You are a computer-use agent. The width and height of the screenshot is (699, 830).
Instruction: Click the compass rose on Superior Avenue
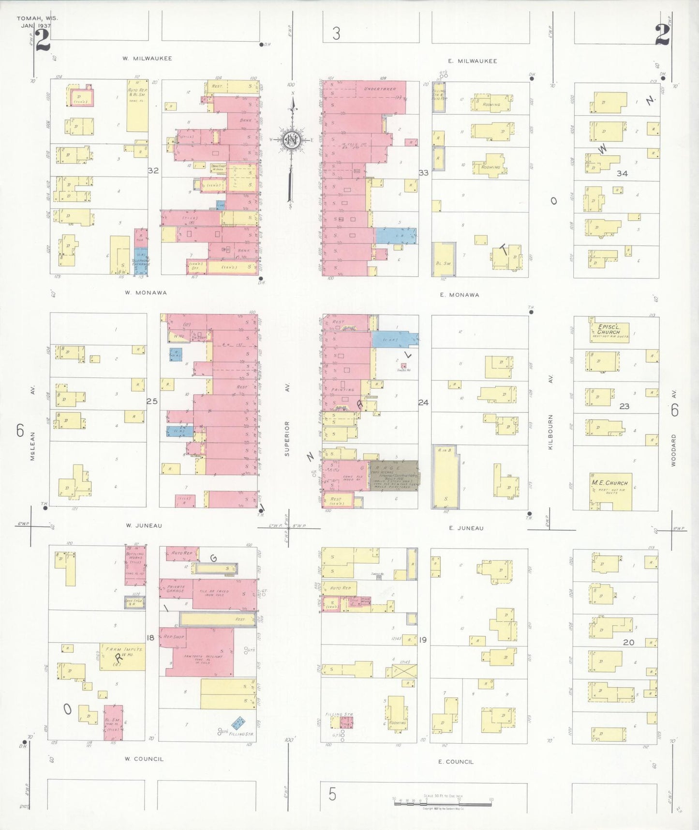(292, 140)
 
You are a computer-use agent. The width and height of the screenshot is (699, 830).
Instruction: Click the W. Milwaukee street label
(147, 59)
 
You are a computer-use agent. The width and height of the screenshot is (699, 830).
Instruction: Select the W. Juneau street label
(144, 525)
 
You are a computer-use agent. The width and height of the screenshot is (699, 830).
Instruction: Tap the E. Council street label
(456, 762)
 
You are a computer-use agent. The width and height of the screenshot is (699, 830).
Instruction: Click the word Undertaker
(380, 89)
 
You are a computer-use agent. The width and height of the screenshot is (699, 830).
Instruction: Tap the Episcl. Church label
(608, 329)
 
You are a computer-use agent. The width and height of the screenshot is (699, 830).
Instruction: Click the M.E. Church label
(610, 483)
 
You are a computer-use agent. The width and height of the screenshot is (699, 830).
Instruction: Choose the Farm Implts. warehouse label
(122, 652)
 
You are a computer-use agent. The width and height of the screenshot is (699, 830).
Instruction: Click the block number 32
(153, 170)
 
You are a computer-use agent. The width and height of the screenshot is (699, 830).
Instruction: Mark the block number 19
(423, 640)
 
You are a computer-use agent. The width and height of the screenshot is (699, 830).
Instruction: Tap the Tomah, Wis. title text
(37, 18)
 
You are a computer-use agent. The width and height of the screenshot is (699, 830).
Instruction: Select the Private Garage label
(176, 589)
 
